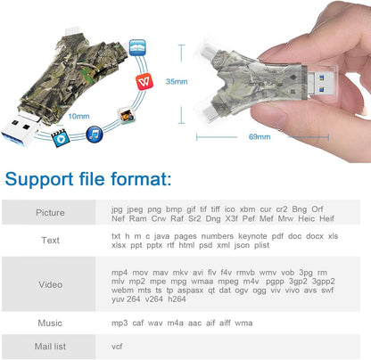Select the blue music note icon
tap(92, 134)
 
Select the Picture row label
tap(50, 213)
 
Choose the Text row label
tap(50, 240)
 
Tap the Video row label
tap(50, 284)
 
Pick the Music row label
tap(50, 322)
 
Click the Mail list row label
tap(50, 346)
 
